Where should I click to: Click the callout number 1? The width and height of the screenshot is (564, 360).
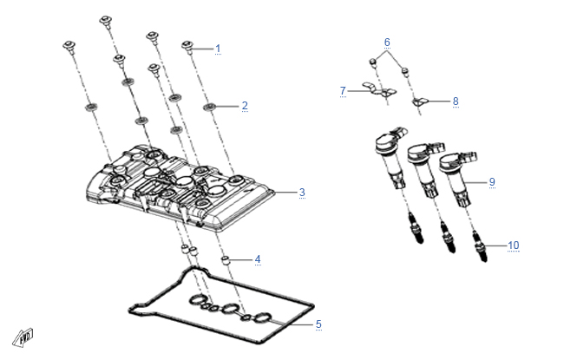(218, 49)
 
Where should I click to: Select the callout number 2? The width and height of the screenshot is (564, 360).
(245, 106)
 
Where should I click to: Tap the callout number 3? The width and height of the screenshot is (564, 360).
(302, 193)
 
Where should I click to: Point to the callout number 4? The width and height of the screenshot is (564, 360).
(258, 259)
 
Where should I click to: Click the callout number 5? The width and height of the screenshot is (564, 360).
(318, 324)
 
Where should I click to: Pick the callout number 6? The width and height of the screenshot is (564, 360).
(387, 43)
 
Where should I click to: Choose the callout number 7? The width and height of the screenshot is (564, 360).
(343, 91)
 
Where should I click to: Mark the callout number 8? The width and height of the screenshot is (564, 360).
(456, 101)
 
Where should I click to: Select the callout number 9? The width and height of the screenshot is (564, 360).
(492, 182)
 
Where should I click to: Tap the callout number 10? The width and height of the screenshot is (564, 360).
(514, 245)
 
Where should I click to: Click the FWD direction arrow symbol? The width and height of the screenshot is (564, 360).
(23, 337)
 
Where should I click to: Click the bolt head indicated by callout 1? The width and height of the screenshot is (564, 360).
(187, 45)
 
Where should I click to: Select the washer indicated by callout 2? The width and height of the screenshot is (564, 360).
(209, 107)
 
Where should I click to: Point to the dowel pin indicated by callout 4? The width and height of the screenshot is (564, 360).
(226, 259)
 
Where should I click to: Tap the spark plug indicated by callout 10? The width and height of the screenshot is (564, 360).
(480, 245)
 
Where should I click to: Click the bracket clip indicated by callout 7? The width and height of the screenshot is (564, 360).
(379, 90)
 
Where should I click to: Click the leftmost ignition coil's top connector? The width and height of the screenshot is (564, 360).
(401, 132)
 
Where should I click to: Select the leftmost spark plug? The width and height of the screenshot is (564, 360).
(416, 227)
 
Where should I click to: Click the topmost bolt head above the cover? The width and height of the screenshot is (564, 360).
(105, 20)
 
